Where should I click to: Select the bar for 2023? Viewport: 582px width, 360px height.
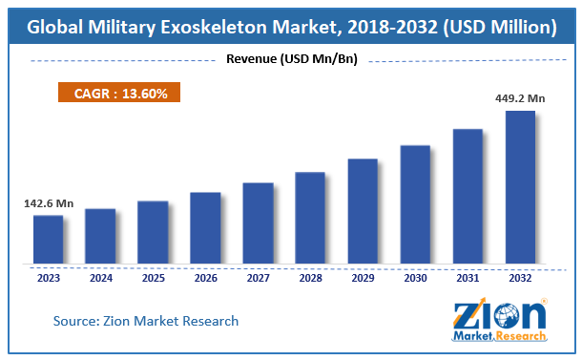[x=48, y=239]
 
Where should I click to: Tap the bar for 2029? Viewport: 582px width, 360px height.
[x=363, y=210]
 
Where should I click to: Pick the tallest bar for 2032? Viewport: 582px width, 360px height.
[x=520, y=187]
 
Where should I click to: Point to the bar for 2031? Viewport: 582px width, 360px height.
[x=468, y=196]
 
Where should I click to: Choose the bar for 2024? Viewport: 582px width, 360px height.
[x=100, y=236]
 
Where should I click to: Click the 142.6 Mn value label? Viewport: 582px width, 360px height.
[x=49, y=204]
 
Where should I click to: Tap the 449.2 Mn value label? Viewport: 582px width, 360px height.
[x=521, y=97]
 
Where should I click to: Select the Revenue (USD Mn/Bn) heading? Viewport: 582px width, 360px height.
[x=291, y=60]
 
